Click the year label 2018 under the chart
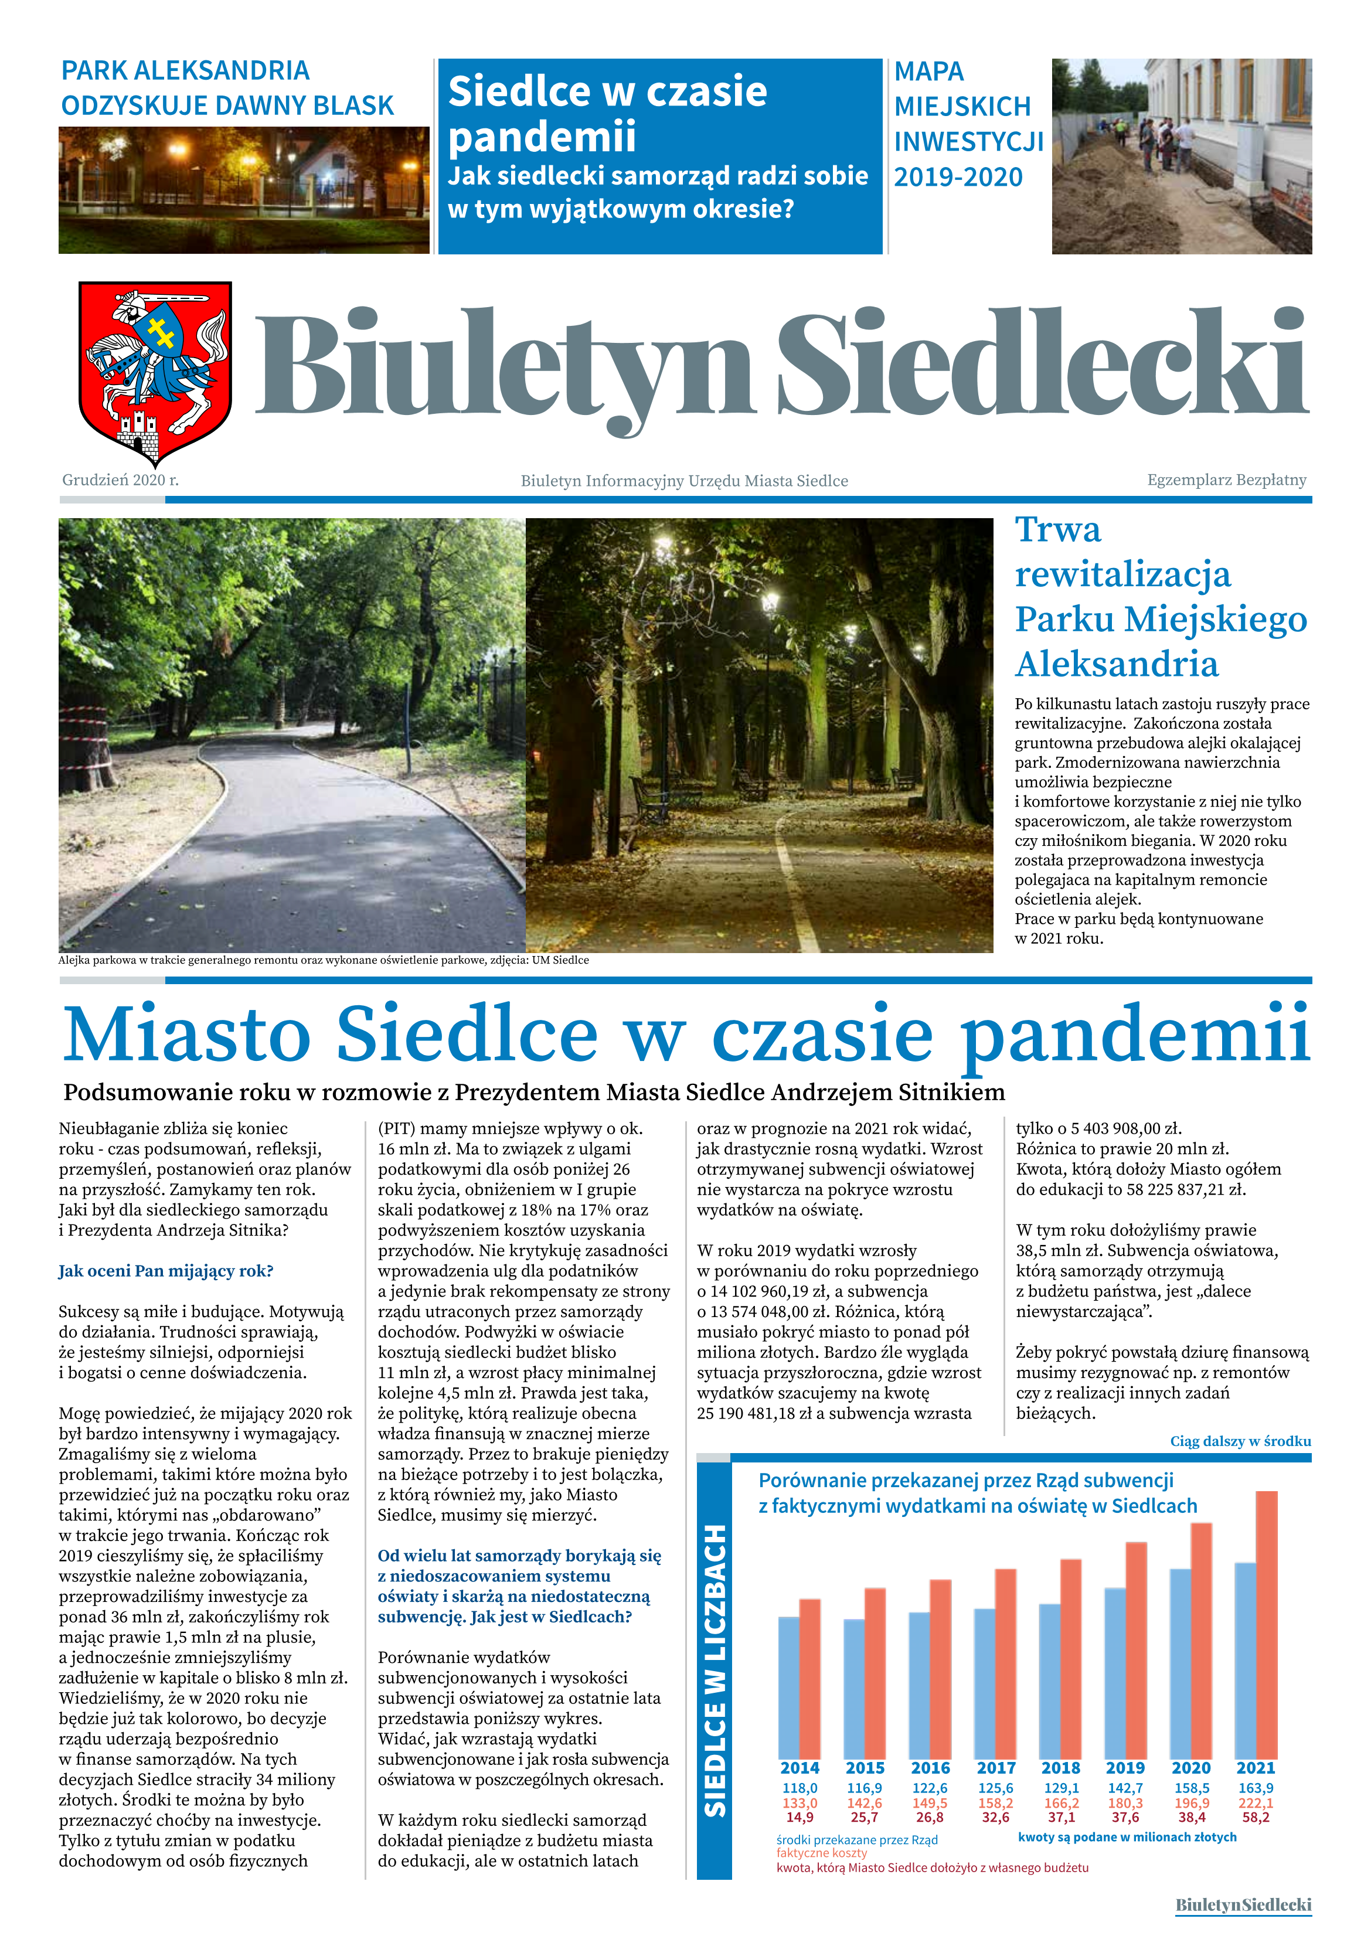[x=1061, y=1768]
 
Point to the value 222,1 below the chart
[x=1256, y=1803]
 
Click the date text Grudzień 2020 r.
[x=120, y=479]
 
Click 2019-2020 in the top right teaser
[x=958, y=178]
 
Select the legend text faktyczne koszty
[x=821, y=1853]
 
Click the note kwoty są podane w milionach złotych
[x=1127, y=1837]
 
